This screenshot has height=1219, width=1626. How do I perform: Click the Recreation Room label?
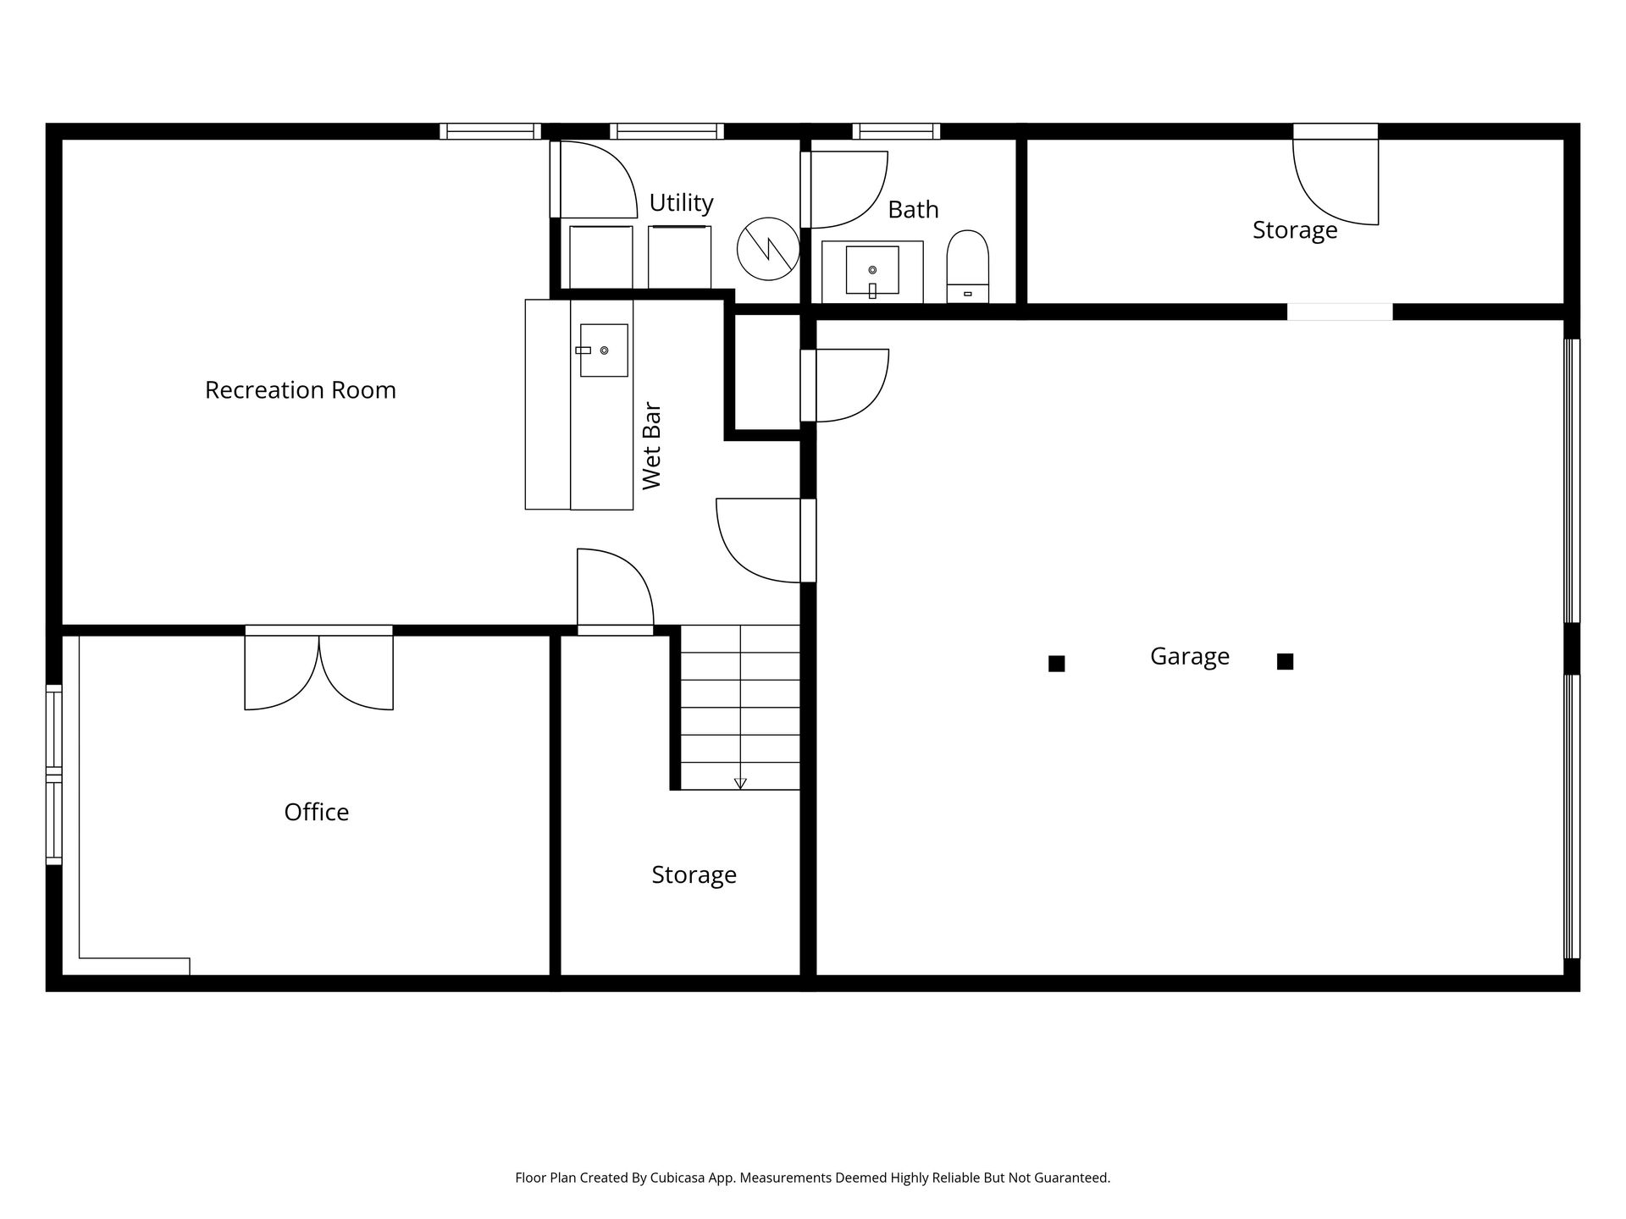click(301, 390)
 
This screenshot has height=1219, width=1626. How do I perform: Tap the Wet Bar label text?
click(651, 446)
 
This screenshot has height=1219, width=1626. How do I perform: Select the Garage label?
click(1190, 657)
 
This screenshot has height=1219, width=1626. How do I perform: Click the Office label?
click(317, 812)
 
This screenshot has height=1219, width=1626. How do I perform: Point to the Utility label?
click(682, 203)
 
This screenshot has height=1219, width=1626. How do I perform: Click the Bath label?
click(913, 209)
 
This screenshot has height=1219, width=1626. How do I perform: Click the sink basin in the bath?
click(872, 270)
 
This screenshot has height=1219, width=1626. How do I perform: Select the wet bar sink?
click(604, 350)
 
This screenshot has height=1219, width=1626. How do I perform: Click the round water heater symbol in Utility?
click(768, 249)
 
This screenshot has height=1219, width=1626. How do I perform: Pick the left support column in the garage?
click(1056, 664)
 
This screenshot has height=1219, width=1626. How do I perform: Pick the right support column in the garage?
click(1285, 662)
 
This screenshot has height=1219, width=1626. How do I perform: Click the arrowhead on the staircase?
click(740, 783)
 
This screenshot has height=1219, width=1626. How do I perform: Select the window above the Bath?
click(897, 131)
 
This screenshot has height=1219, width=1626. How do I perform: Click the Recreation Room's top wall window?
click(490, 131)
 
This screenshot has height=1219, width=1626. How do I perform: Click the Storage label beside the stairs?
click(694, 875)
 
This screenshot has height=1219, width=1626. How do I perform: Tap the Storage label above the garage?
click(1295, 230)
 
